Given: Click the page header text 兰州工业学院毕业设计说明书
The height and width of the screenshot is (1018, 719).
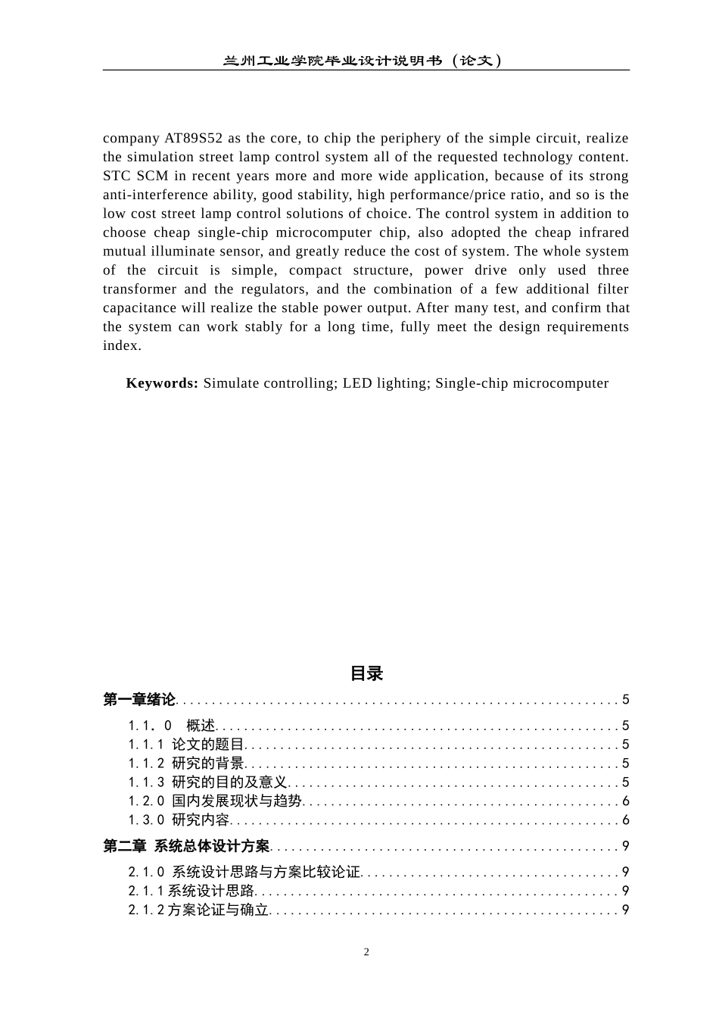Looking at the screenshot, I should point(333,61).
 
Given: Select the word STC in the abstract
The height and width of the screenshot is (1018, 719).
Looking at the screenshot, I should point(117,176).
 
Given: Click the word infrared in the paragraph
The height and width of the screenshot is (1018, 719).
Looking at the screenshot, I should point(602,233).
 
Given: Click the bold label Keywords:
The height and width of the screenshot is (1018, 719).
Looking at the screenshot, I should point(162,383).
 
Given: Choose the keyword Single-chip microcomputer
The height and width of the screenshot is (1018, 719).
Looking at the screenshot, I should point(521,383).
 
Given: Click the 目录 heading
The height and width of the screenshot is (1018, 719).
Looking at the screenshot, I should point(366,673).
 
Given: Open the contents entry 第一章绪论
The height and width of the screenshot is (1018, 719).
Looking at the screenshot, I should point(139,700).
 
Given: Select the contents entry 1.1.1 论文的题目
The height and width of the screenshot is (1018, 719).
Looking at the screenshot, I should point(186,745).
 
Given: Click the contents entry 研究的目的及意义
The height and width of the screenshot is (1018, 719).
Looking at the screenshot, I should point(229,782).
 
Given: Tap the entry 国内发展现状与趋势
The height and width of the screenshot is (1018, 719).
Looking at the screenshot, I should point(236,801).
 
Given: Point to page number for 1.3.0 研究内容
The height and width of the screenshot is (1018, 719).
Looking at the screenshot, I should point(625,820).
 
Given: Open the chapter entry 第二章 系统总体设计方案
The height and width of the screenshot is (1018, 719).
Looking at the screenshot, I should point(186,846).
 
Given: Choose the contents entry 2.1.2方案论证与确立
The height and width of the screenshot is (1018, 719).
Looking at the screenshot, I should point(198,910).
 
